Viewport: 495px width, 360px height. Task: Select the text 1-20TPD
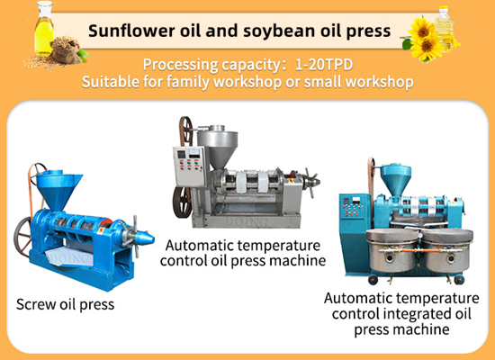pos(330,65)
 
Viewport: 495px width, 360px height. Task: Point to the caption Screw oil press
pos(65,304)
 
